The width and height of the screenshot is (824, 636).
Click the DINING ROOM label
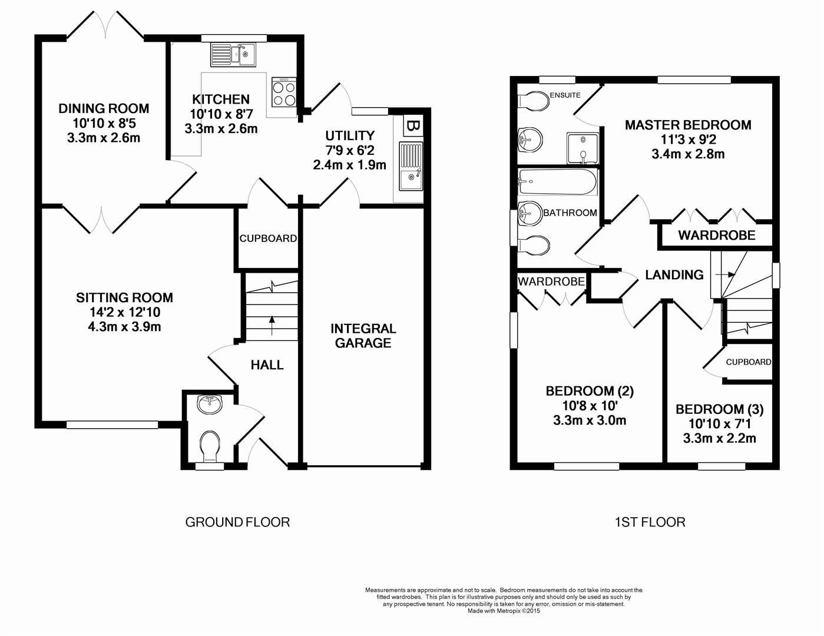pos(104,108)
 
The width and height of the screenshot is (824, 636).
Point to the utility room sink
pos(411,167)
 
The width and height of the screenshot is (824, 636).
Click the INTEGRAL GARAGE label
pos(363,336)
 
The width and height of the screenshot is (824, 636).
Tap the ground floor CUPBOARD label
pos(268,238)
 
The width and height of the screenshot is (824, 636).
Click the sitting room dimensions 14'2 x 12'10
pos(124,313)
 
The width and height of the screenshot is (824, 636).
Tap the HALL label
pos(267,365)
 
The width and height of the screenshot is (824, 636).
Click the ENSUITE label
pos(565,95)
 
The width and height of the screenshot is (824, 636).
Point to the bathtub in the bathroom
pos(557,183)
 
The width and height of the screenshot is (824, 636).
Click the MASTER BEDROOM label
pos(687,125)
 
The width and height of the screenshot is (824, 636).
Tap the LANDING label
pos(674,275)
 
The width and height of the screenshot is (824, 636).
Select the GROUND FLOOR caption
pos(237,522)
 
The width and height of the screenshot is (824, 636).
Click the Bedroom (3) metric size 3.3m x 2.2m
pos(719,439)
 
